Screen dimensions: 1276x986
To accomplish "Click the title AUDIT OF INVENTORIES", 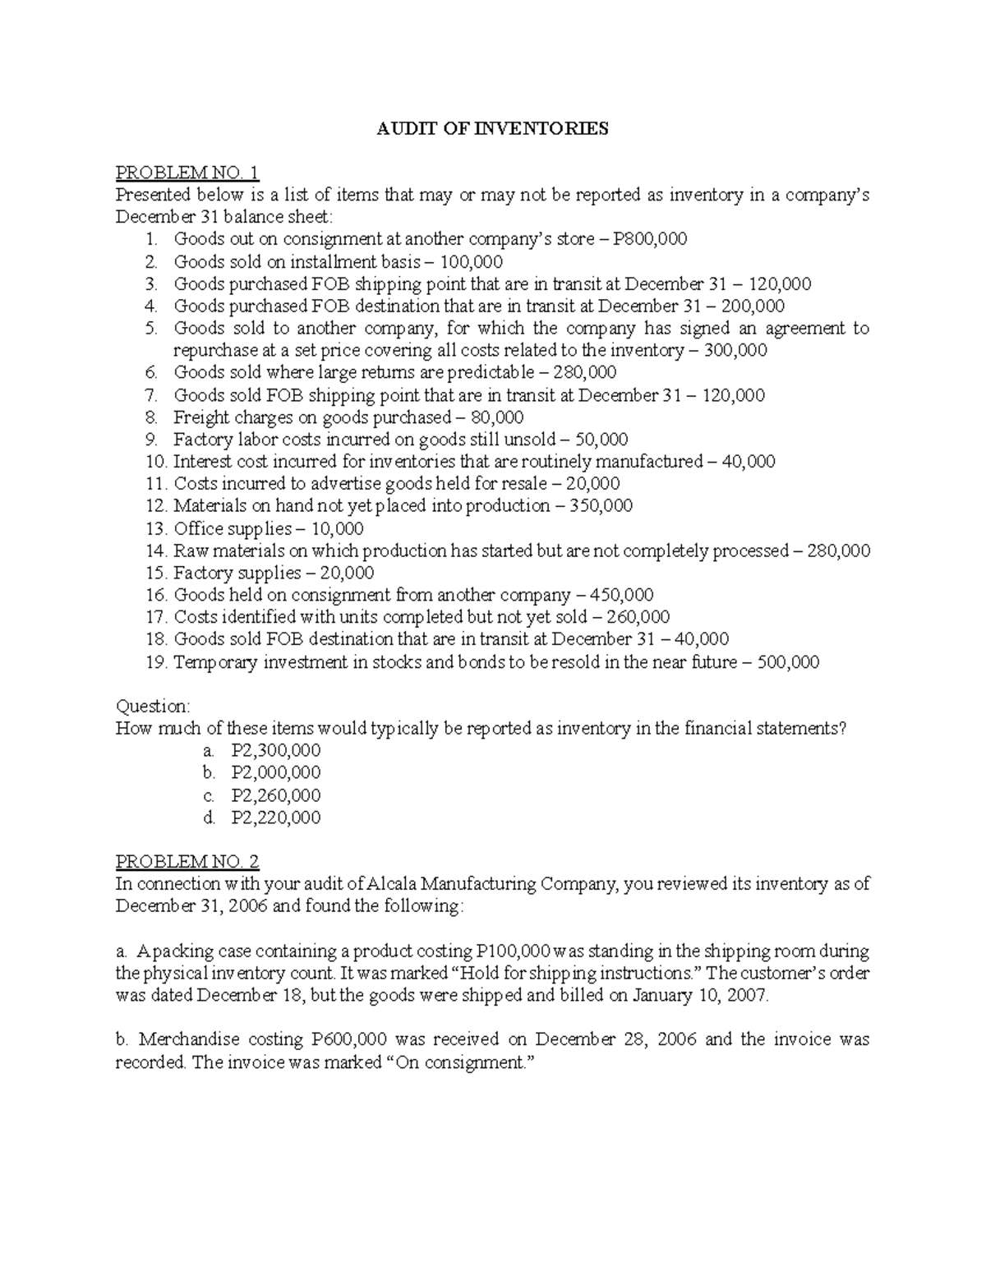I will [x=492, y=128].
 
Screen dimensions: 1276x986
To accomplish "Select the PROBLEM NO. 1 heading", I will [x=187, y=173].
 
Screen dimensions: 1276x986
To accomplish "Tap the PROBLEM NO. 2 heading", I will [x=187, y=862].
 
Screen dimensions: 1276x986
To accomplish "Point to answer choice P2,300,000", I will [x=276, y=750].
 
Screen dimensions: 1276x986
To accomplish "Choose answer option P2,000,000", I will [x=276, y=772].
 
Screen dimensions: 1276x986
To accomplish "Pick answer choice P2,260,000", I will [x=276, y=795].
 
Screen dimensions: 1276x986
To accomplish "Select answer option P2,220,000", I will [x=276, y=818].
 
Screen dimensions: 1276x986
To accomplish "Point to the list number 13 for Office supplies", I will [x=154, y=528].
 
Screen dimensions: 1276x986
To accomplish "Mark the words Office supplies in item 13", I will [x=233, y=528].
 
